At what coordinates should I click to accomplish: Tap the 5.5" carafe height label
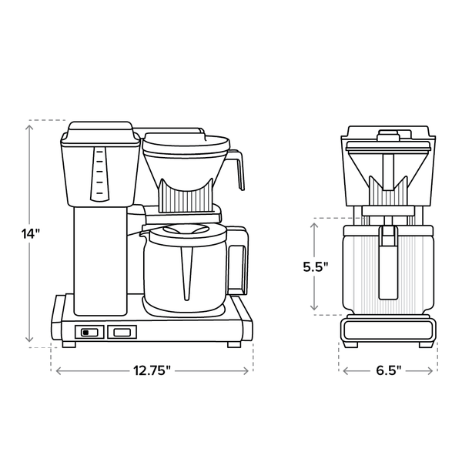[x=315, y=266]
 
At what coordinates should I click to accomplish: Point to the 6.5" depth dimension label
[x=387, y=370]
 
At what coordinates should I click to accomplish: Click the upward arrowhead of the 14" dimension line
[x=30, y=124]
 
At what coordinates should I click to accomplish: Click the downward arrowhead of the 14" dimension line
[x=30, y=340]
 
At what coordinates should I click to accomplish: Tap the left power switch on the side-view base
[x=89, y=333]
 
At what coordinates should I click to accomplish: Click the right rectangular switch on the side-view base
[x=122, y=333]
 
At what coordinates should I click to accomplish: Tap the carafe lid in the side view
[x=185, y=229]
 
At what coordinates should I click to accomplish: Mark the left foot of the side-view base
[x=69, y=343]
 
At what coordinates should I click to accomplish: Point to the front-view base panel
[x=387, y=329]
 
